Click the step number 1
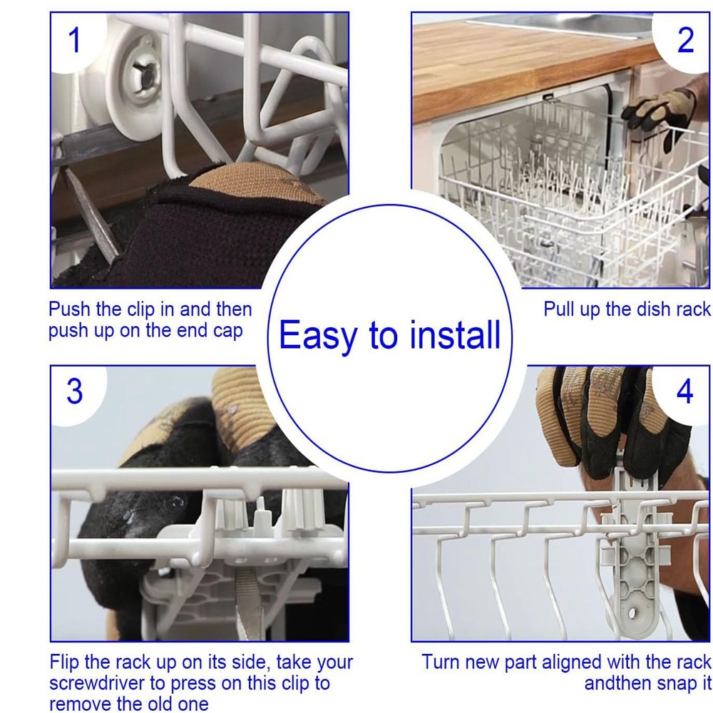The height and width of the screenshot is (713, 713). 75,40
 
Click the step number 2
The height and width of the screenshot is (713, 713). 686,41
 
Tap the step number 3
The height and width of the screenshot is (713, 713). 75,391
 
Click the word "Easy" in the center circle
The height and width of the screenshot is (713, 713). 318,336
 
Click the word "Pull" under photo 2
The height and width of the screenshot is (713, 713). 559,309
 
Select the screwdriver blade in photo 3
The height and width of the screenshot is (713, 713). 248,600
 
